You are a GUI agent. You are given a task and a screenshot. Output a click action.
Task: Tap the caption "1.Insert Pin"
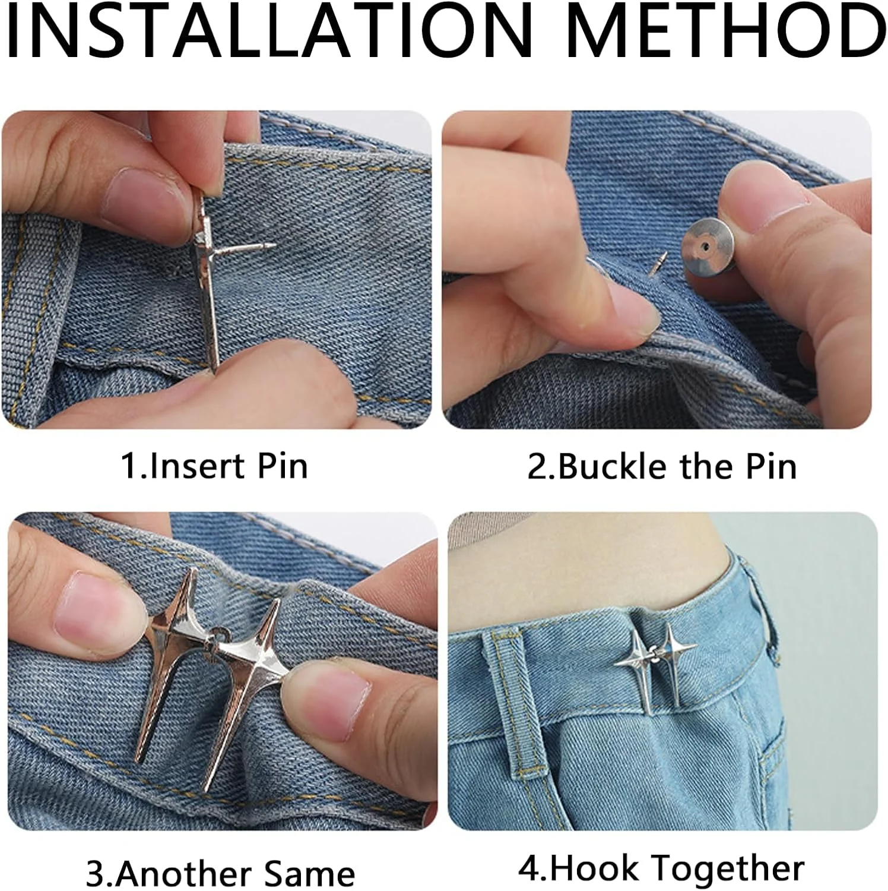pos(214,466)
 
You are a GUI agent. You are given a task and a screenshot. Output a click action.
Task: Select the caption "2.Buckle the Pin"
pos(662,466)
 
